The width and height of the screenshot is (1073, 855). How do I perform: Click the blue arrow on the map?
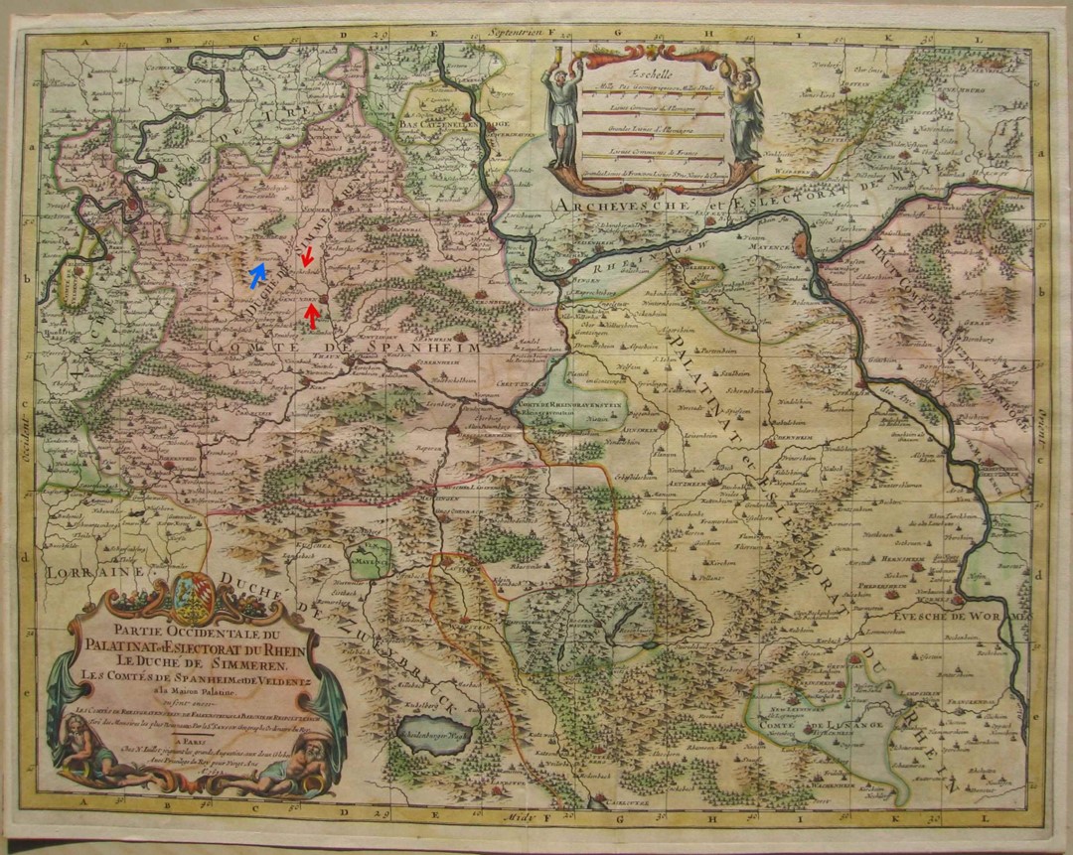[x=257, y=271]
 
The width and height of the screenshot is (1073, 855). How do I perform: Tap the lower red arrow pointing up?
[x=312, y=315]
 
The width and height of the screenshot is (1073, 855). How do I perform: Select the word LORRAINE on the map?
[x=81, y=573]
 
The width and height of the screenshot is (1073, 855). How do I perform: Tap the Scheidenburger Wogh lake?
[x=432, y=736]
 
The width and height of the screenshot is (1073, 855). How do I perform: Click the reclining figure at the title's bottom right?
[x=298, y=770]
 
